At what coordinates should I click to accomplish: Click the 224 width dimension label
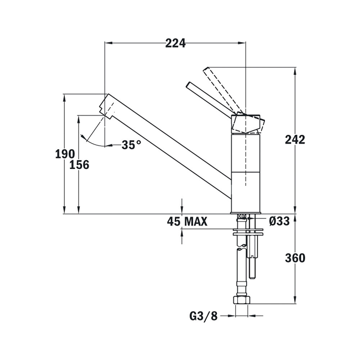175,43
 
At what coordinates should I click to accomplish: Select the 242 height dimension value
295,140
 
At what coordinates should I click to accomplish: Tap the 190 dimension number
65,154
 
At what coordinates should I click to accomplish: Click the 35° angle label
131,145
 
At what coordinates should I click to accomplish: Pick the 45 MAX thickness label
187,221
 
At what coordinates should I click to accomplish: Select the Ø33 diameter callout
279,221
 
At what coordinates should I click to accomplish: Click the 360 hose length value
295,258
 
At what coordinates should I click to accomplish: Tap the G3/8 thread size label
203,316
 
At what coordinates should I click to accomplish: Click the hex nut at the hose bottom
242,300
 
